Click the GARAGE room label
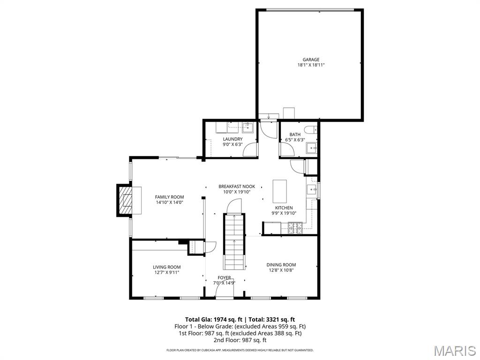(311, 60)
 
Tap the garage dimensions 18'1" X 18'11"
(311, 65)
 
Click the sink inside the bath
(312, 149)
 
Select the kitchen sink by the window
(311, 190)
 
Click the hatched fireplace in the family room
(125, 200)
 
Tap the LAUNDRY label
(232, 139)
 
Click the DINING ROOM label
(281, 265)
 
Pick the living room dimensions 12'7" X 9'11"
(166, 272)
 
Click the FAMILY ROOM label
(169, 197)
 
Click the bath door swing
(286, 149)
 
